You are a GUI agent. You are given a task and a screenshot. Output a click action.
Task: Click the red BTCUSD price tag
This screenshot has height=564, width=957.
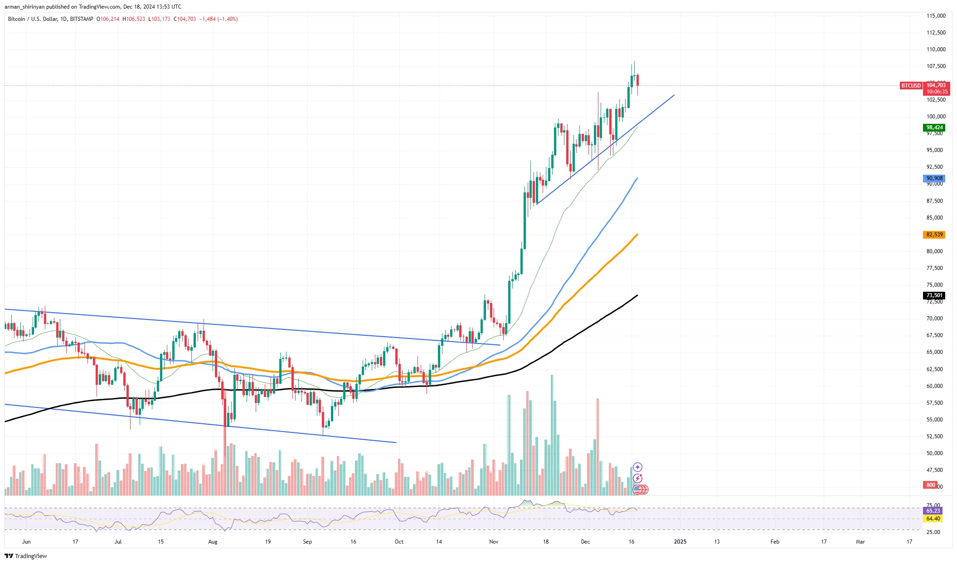pos(911,86)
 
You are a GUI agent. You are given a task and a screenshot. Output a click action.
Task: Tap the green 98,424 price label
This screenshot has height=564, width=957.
pos(934,128)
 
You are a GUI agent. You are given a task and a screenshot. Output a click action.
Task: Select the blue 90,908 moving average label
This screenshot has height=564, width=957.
pos(934,178)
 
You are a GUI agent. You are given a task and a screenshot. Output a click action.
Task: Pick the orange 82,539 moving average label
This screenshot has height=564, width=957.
pos(934,235)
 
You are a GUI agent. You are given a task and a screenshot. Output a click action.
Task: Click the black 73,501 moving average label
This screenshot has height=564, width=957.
pos(934,295)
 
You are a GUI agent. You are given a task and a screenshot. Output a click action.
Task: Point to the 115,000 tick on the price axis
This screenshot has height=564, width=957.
pos(936,16)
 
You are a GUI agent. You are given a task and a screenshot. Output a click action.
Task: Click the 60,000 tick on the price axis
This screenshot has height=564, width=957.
pos(934,386)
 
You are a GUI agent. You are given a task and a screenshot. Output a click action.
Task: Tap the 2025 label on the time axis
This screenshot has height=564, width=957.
pos(680,541)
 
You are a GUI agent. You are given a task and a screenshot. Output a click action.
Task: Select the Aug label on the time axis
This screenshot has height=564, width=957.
pos(213,541)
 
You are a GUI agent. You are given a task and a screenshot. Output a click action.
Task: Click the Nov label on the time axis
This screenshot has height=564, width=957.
pos(494,541)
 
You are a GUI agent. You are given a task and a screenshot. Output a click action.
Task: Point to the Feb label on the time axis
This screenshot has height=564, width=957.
pos(775,541)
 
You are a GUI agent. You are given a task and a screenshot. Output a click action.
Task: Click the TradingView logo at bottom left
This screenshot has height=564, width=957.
pos(26,556)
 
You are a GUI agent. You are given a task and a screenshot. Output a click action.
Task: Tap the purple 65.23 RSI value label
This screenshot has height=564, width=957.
pos(933,511)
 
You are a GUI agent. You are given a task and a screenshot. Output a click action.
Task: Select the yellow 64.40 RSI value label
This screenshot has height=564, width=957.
pos(933,518)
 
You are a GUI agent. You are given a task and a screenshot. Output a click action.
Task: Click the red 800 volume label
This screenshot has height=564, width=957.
pos(931,485)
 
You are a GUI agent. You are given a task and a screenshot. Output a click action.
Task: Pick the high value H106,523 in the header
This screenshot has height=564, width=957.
pos(134,19)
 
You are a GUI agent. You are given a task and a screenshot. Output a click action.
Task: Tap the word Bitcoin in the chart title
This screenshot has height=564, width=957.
pos(17,19)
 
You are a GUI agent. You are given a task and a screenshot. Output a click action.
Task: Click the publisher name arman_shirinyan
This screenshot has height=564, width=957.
pos(24,7)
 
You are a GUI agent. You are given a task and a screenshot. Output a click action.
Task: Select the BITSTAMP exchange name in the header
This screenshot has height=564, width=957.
pos(82,19)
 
